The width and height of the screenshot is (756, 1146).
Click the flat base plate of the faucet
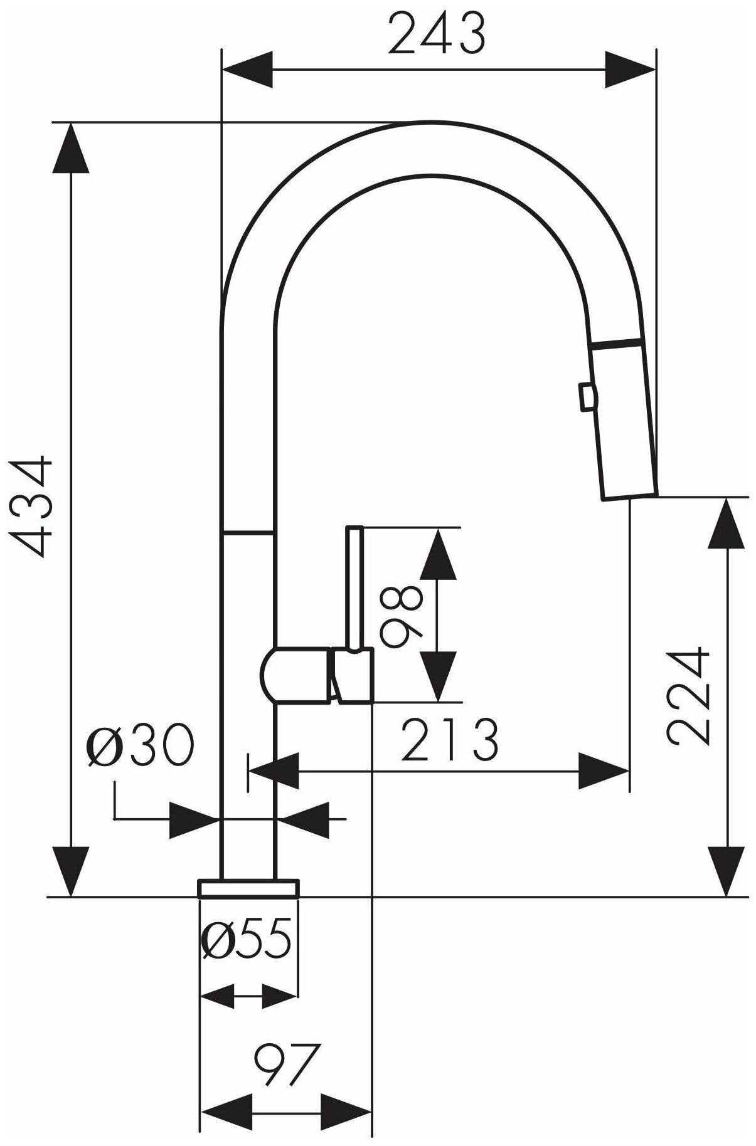pyautogui.click(x=248, y=888)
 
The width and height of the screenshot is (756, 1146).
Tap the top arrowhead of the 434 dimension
pyautogui.click(x=71, y=147)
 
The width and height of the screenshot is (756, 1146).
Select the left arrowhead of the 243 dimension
pyautogui.click(x=248, y=69)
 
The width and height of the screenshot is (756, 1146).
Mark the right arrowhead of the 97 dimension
pyautogui.click(x=347, y=1108)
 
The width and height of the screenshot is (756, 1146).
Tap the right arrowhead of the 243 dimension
pyautogui.click(x=631, y=69)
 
